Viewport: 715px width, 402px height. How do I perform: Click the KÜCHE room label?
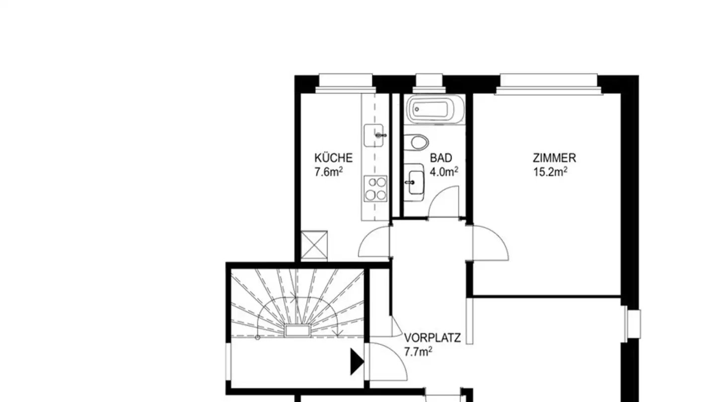click(x=333, y=158)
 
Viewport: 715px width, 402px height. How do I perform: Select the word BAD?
click(x=441, y=158)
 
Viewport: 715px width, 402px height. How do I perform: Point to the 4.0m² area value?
click(x=443, y=172)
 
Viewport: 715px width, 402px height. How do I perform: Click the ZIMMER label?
click(x=554, y=158)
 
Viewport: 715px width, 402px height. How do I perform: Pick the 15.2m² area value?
click(x=550, y=172)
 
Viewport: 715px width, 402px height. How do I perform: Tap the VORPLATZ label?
click(x=432, y=338)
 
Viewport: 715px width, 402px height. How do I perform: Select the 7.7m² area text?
click(x=418, y=352)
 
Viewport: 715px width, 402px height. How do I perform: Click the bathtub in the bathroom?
click(x=434, y=108)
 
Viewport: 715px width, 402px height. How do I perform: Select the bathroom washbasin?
click(x=413, y=182)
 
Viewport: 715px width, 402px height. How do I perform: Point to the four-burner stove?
click(x=375, y=189)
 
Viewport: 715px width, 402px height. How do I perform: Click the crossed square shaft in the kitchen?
click(x=314, y=245)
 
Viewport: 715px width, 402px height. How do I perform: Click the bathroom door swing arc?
click(x=443, y=201)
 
